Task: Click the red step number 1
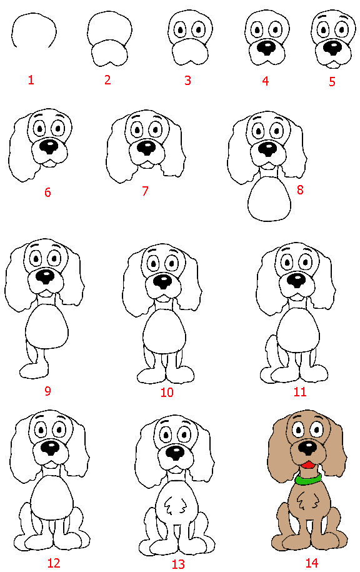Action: point(31,80)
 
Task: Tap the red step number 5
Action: point(332,81)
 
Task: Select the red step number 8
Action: point(300,189)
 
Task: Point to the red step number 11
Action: point(300,392)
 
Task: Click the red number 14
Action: point(311,563)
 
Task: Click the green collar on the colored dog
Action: point(308,478)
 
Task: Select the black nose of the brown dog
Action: point(308,448)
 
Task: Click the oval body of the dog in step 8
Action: point(269,199)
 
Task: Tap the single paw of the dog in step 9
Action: point(34,371)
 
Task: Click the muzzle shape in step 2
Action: point(109,54)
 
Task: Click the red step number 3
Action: point(187,80)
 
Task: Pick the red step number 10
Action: point(167,393)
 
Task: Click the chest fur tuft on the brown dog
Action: point(306,501)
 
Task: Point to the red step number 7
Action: point(145,191)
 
